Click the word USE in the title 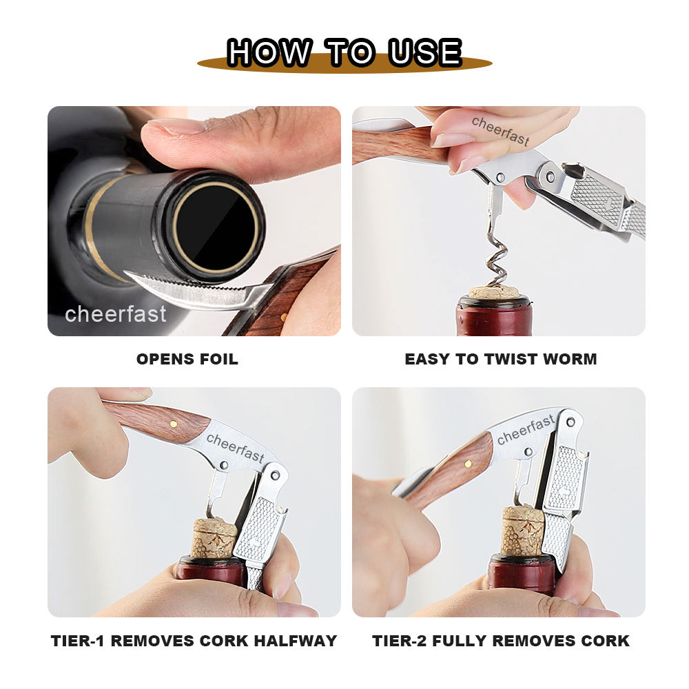(425, 52)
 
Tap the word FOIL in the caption (219, 359)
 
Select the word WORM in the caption (570, 359)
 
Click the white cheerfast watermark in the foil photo (116, 313)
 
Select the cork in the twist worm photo (494, 292)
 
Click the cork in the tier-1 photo (214, 538)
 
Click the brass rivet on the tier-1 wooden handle (174, 424)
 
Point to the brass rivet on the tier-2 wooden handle (469, 464)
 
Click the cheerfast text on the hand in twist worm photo (500, 131)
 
